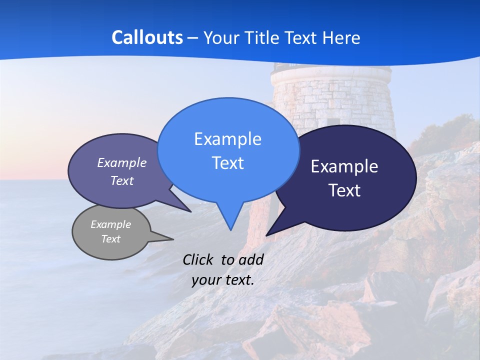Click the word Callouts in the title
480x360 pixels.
click(147, 38)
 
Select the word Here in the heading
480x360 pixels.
click(341, 38)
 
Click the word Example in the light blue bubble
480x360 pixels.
click(227, 139)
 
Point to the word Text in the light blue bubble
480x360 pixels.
click(227, 163)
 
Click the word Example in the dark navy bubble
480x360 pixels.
click(344, 166)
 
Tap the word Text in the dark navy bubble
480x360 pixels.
click(344, 190)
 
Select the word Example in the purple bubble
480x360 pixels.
click(122, 163)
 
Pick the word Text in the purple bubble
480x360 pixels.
click(122, 181)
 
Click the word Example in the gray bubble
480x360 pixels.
click(111, 224)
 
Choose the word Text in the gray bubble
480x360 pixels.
click(111, 239)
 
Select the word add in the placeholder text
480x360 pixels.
click(251, 259)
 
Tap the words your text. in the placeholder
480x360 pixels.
click(223, 280)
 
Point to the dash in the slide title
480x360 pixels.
click(193, 38)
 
